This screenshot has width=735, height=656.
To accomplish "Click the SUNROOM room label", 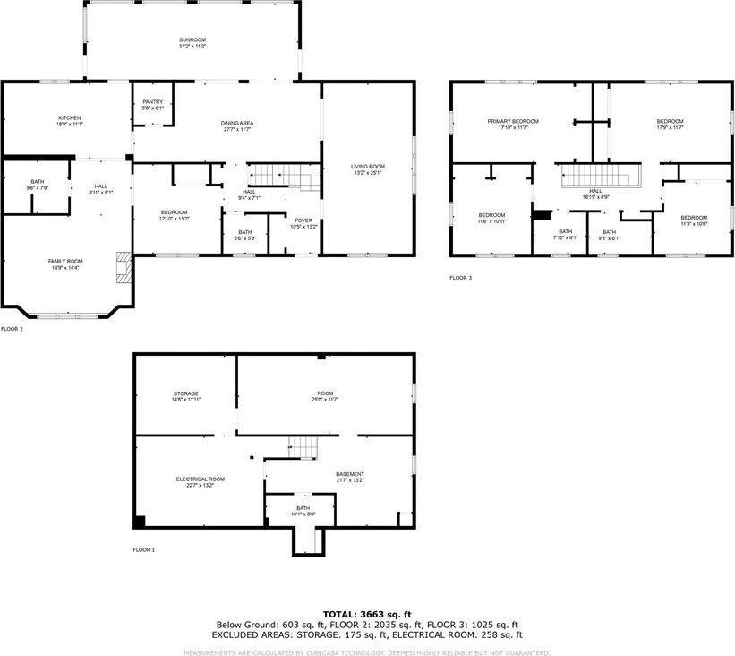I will (192, 40).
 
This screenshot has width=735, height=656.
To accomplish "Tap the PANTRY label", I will (152, 102).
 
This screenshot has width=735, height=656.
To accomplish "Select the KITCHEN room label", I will (70, 118).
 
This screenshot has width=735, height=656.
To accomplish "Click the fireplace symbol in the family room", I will (124, 266).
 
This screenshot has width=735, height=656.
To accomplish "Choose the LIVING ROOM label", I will (367, 167).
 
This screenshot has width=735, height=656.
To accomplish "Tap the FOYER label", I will (303, 220).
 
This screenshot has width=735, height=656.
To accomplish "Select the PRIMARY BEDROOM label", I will (508, 122).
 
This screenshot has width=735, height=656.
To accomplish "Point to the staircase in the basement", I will (303, 445).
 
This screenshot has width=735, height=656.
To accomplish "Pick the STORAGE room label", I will (186, 394).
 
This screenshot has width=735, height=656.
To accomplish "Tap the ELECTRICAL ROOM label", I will (200, 479).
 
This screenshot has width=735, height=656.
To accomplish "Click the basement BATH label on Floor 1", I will (303, 508).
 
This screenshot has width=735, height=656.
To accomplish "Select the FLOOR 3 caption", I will (460, 278).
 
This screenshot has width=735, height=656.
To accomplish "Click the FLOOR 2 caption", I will (12, 329).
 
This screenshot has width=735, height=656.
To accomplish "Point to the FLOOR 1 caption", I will (143, 549).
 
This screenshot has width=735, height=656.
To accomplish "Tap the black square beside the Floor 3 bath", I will (541, 214).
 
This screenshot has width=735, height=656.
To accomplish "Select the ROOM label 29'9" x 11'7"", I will (324, 394).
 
